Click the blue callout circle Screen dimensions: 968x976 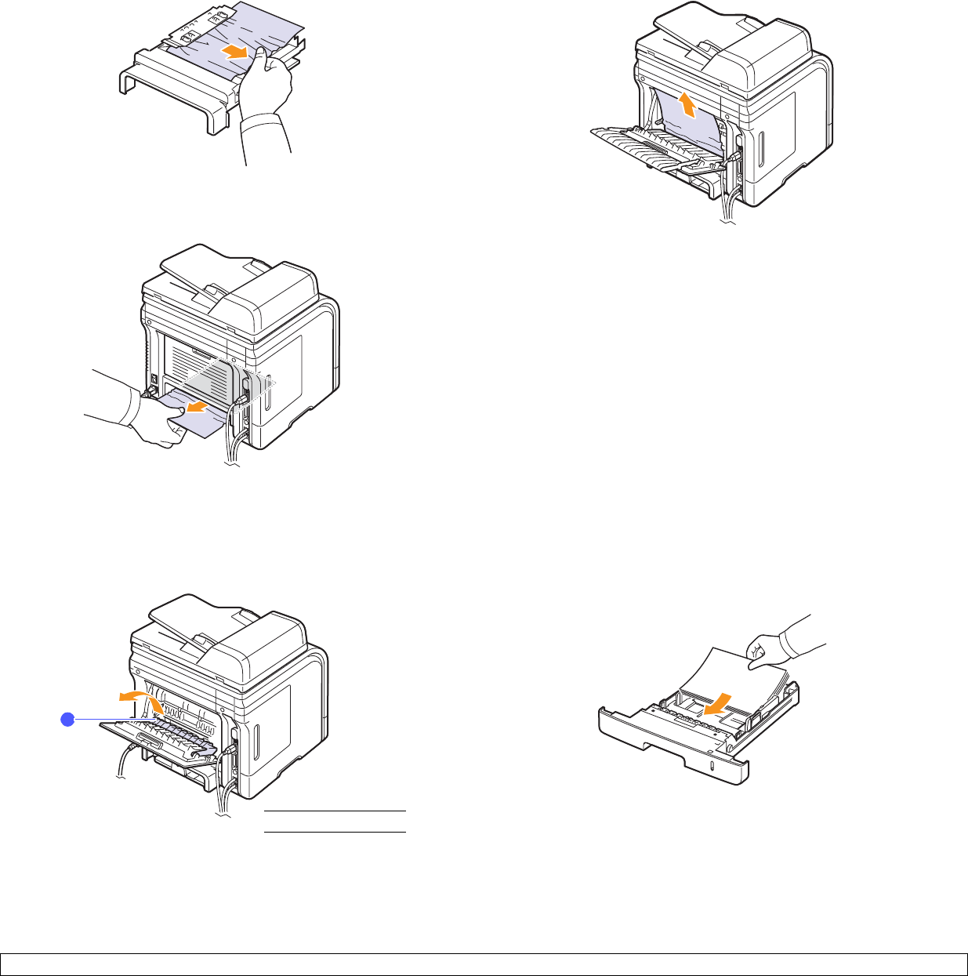tap(68, 719)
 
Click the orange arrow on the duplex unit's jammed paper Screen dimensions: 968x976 tap(237, 53)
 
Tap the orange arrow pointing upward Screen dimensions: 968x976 tap(687, 104)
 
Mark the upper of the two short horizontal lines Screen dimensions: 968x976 tap(335, 811)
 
